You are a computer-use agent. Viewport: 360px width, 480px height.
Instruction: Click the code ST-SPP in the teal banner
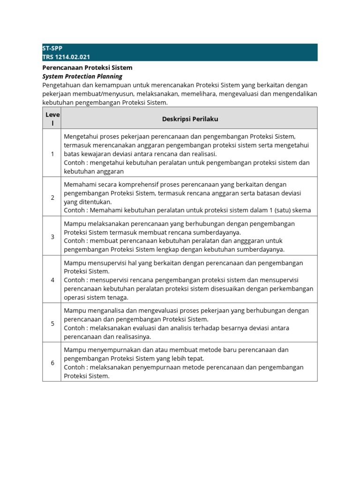(52, 48)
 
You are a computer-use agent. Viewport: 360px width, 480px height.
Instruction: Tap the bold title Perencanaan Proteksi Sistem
(87, 67)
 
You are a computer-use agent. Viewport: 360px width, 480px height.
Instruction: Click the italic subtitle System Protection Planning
(82, 76)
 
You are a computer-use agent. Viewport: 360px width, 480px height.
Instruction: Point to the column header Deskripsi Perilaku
(190, 119)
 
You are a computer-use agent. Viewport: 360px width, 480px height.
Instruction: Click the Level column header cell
(52, 119)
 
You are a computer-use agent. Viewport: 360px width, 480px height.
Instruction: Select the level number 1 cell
(52, 154)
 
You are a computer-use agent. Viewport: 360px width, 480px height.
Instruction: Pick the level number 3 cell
(52, 237)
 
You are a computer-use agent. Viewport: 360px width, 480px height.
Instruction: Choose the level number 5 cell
(52, 323)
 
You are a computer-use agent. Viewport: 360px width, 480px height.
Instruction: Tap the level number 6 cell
(52, 362)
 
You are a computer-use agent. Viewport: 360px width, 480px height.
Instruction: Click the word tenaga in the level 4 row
(119, 297)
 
